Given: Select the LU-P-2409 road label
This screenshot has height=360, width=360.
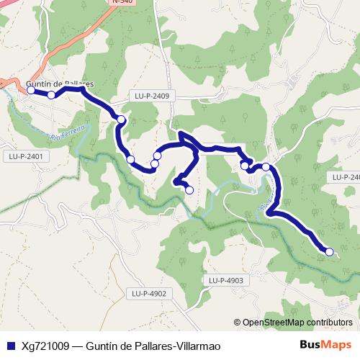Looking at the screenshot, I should (151, 95).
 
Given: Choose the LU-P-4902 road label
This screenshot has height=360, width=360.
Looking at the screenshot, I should (149, 293).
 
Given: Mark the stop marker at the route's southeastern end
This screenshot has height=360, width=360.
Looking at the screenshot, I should (329, 252).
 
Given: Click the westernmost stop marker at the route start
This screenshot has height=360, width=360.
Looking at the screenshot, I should (31, 91).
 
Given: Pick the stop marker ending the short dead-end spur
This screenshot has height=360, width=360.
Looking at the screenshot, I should (189, 190).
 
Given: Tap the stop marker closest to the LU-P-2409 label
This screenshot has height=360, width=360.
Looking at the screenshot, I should (122, 120).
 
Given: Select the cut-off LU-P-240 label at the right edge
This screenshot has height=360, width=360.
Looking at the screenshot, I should (346, 177).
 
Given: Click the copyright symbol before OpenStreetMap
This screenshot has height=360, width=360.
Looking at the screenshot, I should (238, 323).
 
